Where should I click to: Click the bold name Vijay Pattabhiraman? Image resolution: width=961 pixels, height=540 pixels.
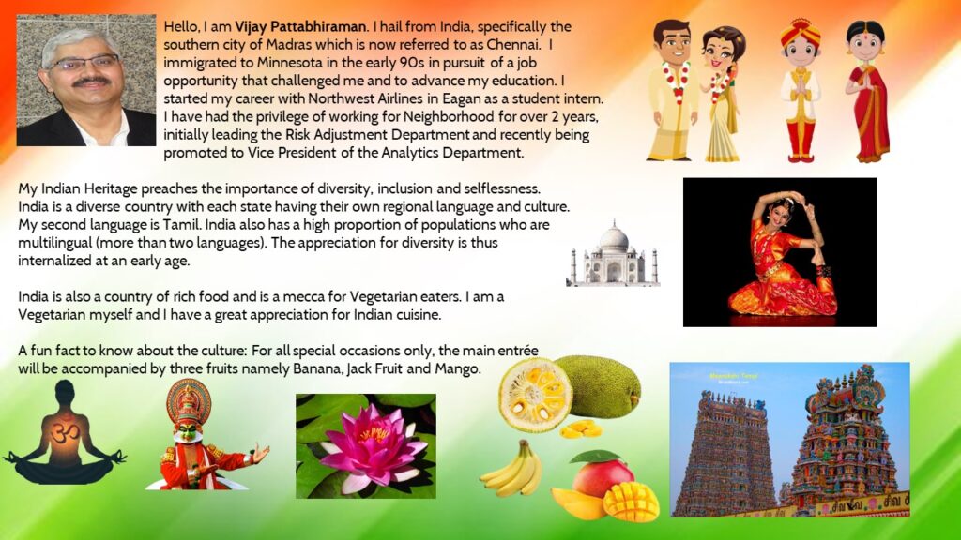300,27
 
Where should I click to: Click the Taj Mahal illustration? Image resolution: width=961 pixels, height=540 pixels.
614,253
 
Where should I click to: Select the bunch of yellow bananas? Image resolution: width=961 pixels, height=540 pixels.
511,469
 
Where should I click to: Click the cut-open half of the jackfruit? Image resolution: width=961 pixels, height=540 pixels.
535,395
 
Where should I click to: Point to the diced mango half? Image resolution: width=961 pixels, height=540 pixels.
630,501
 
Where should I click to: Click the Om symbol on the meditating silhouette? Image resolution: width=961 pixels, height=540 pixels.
65,433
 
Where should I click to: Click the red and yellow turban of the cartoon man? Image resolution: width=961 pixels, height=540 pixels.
800,31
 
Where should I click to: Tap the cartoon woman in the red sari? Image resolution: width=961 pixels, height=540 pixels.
866,91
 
